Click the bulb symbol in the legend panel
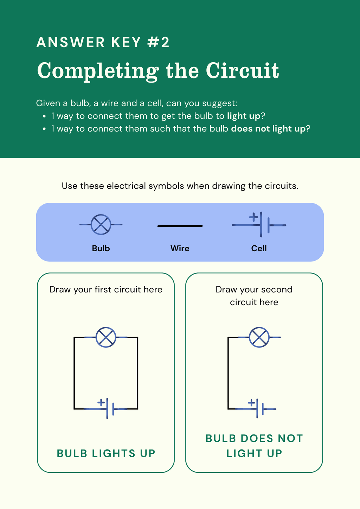pos(101,225)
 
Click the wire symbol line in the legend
pos(180,226)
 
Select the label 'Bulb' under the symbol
pos(101,248)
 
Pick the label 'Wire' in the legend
pos(180,248)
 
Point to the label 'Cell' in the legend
pos(259,248)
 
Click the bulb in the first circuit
pos(106,337)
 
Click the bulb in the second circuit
pos(259,337)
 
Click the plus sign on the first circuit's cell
pos(101,402)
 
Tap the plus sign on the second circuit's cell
pos(251,403)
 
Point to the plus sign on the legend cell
pos(253,217)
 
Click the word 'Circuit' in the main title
pos(242,71)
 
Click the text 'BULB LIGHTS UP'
pos(106,453)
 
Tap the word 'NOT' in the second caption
pos(290,439)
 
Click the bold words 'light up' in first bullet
pos(244,116)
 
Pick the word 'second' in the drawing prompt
pos(275,290)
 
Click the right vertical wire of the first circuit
pos(137,373)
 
